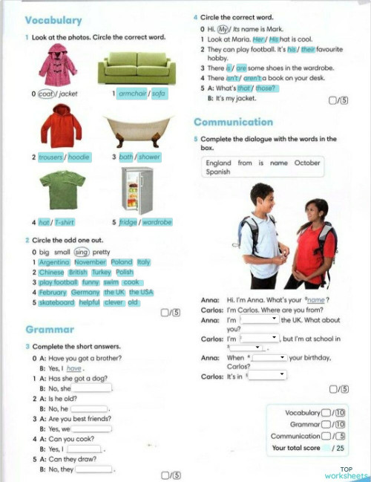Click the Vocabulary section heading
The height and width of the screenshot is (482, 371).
[53, 20]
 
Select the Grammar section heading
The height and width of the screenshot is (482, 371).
[49, 328]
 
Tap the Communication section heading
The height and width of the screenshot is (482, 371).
[233, 122]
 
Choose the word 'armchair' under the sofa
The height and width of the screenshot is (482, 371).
[133, 94]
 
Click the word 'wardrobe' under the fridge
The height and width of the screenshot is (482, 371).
[157, 222]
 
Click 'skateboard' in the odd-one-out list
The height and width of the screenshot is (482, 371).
[58, 302]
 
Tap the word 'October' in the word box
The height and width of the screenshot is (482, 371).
[307, 163]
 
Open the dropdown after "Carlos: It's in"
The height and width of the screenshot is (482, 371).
[267, 376]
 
